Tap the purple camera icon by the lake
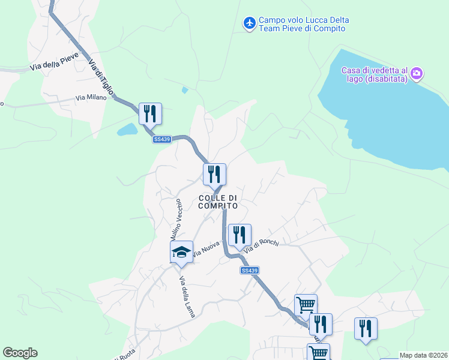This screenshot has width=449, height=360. click(417, 74)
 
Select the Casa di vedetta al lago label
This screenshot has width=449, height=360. click(375, 74)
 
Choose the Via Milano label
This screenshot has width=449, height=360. click(91, 97)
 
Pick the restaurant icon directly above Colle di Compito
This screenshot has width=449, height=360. click(214, 174)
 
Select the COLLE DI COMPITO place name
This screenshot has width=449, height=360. click(218, 202)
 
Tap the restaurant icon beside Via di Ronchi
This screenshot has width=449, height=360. click(240, 235)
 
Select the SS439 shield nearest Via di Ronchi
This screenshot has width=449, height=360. click(249, 271)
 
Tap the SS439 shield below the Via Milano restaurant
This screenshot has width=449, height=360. click(162, 139)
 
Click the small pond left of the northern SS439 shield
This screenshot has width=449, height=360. click(128, 130)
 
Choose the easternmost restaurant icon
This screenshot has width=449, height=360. click(366, 328)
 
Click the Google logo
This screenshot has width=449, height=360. click(20, 353)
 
